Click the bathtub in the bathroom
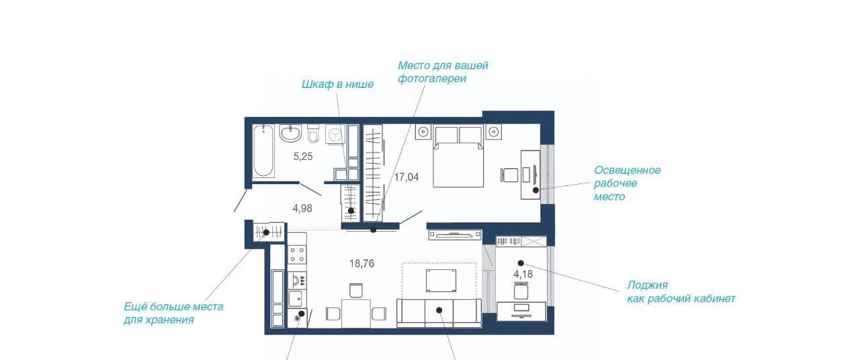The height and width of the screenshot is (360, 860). point(264,151)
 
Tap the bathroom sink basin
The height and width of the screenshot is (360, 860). point(291,133)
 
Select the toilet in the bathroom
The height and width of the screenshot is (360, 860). point(313,134)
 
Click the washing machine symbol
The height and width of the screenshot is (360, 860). point(335,134)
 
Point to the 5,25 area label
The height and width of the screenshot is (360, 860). point(303,156)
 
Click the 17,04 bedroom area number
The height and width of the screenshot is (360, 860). point(406,177)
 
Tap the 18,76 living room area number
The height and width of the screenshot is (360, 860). point(361,264)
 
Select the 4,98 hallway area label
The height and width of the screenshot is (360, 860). point(302,208)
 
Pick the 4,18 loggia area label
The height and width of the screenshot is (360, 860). point(523,275)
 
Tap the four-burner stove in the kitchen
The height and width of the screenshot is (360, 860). point(297,254)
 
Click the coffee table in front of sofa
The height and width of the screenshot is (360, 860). point(441,281)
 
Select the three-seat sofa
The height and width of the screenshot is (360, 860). point(439,313)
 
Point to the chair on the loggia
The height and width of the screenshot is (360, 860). point(521,291)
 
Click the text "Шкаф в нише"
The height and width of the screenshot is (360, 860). point(337,85)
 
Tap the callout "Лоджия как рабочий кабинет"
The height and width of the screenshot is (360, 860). point(681,291)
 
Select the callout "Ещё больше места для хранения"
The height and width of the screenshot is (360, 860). point(173,313)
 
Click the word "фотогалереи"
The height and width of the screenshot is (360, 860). point(432,79)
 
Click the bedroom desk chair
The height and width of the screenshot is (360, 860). point(509,175)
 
